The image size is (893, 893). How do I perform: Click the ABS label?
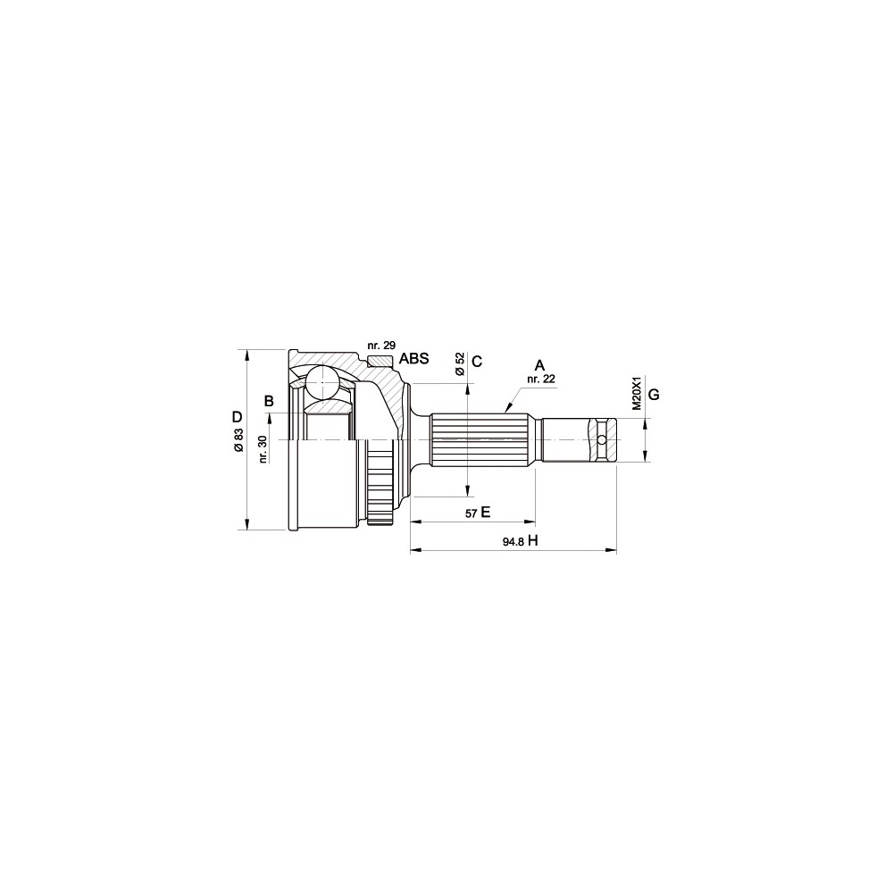point(413,359)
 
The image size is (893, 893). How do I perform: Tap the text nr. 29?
point(381,345)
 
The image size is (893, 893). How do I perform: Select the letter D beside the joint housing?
point(237,416)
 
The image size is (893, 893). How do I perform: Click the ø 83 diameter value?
point(238,439)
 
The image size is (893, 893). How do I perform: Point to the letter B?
point(269,402)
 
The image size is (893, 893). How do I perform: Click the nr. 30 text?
point(263,449)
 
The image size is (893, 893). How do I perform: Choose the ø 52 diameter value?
point(460,364)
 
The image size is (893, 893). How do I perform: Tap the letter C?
point(477,361)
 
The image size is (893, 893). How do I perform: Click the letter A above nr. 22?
point(539,365)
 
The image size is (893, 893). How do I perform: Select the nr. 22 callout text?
point(541,378)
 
